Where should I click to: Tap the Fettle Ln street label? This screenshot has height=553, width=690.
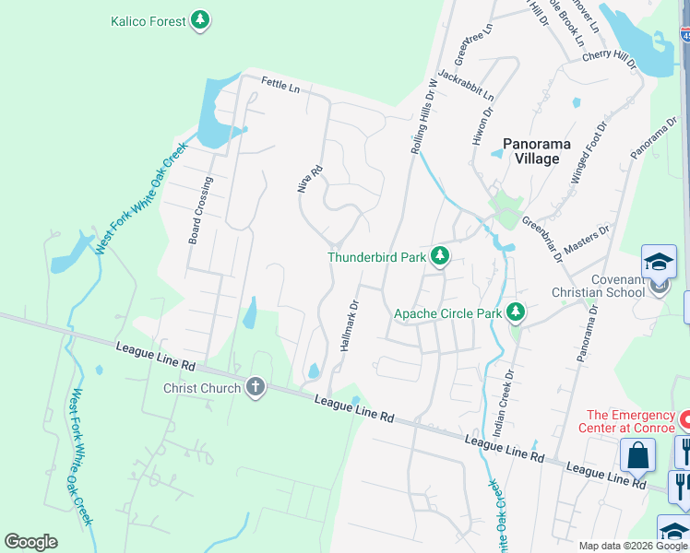tap(280, 86)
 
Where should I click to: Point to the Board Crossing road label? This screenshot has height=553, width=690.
tap(201, 210)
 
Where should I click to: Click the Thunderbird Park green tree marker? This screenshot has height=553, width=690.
tap(441, 257)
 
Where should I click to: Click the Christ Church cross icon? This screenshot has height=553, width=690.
tap(256, 388)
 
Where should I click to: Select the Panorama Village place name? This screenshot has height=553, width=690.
tap(537, 151)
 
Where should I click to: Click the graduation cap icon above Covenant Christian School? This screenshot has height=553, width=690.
tap(659, 261)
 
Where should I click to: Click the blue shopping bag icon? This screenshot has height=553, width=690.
tap(637, 454)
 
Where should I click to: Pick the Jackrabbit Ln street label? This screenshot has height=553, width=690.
tap(466, 86)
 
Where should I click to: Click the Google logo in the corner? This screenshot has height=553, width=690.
tap(30, 542)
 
